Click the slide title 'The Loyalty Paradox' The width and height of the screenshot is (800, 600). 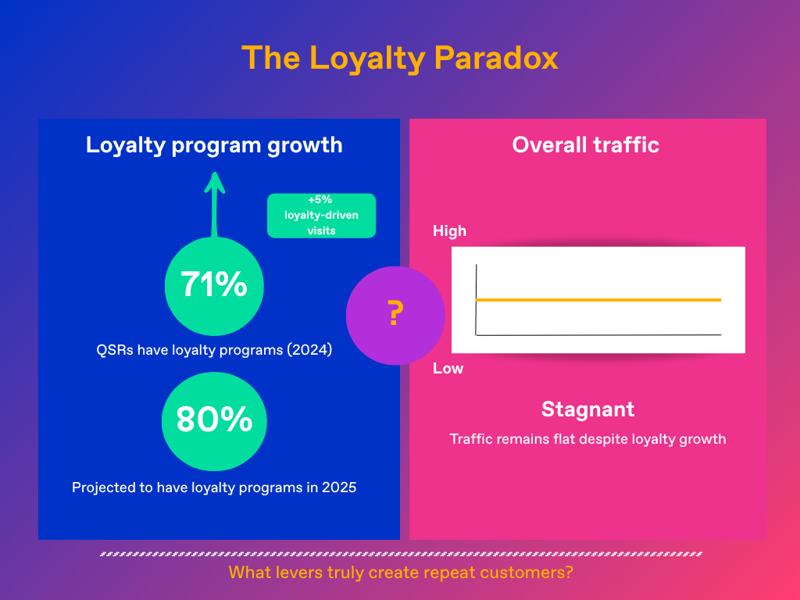[x=400, y=59]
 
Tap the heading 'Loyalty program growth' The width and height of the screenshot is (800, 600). [x=214, y=145]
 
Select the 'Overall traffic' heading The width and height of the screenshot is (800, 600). [x=586, y=145]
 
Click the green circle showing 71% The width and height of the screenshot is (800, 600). [x=214, y=286]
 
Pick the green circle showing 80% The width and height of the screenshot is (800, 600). [x=214, y=420]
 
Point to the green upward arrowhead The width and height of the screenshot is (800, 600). [x=215, y=183]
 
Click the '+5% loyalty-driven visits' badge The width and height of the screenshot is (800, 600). [x=321, y=215]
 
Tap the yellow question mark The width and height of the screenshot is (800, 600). [x=395, y=314]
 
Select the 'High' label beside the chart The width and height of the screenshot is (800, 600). [x=449, y=230]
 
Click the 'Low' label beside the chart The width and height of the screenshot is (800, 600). [x=448, y=368]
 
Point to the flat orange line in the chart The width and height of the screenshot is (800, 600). [x=598, y=300]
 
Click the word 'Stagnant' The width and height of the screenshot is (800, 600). [x=587, y=409]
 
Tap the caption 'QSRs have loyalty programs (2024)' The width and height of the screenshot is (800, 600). [x=214, y=350]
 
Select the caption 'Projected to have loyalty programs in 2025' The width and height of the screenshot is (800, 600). [x=214, y=487]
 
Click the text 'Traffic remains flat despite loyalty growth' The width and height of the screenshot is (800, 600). [x=587, y=439]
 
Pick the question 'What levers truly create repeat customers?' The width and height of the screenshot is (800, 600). [x=401, y=572]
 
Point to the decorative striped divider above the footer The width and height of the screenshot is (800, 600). [x=401, y=554]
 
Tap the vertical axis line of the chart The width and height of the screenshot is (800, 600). [x=476, y=300]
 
